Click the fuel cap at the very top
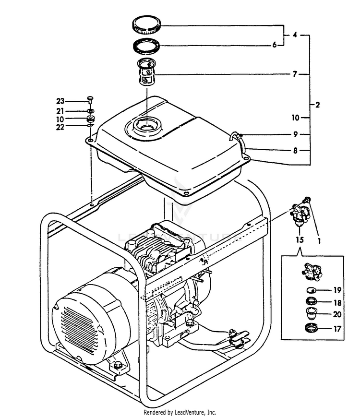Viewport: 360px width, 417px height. click(x=147, y=24)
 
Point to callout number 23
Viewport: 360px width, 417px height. click(x=60, y=101)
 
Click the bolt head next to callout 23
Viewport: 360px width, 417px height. click(x=90, y=99)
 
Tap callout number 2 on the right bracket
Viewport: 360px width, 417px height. click(x=317, y=104)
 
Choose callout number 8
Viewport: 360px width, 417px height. click(x=295, y=150)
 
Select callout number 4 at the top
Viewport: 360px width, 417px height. click(x=295, y=35)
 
